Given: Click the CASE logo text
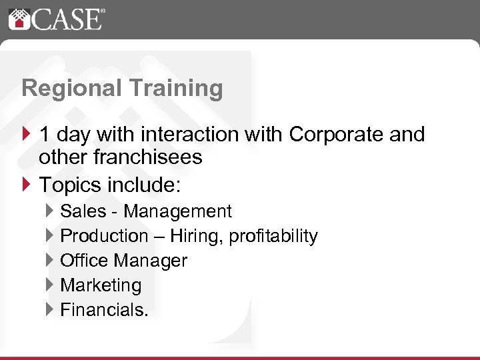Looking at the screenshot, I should [67, 19].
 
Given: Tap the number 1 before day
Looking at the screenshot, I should [45, 135].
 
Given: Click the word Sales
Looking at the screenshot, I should [83, 212].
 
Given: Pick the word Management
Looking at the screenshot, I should [178, 212].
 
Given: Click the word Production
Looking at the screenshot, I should [105, 236].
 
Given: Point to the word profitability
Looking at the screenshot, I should [273, 236].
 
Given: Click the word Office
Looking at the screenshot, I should [85, 261].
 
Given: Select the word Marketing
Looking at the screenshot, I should [101, 285].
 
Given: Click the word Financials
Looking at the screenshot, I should [104, 309].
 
